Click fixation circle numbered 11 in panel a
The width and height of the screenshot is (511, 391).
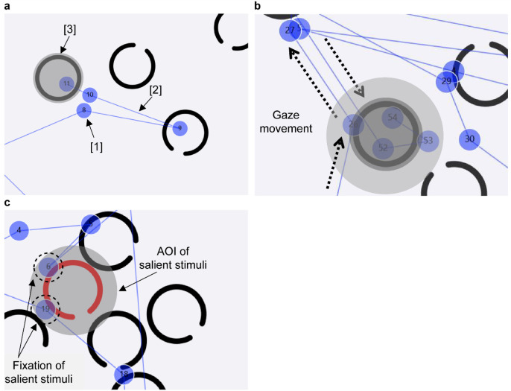(x=67, y=83)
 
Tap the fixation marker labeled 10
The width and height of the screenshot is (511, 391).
(x=89, y=95)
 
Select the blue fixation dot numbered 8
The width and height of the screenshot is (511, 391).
(x=84, y=110)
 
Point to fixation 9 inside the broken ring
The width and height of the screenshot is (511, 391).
(x=180, y=129)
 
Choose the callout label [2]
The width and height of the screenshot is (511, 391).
(x=155, y=89)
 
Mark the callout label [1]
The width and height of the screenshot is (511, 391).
(x=96, y=147)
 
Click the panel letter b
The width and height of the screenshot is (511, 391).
(x=258, y=6)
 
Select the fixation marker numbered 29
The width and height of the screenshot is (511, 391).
(x=446, y=81)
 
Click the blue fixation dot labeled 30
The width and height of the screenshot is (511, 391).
(x=469, y=139)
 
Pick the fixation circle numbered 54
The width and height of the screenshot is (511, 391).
(x=393, y=118)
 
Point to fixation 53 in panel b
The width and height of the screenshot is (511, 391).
(x=428, y=140)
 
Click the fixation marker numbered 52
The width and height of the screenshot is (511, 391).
(x=383, y=148)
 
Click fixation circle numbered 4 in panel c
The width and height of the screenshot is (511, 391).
(x=19, y=231)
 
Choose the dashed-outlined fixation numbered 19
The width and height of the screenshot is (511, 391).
(x=45, y=308)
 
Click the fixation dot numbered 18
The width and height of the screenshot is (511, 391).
(x=124, y=375)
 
